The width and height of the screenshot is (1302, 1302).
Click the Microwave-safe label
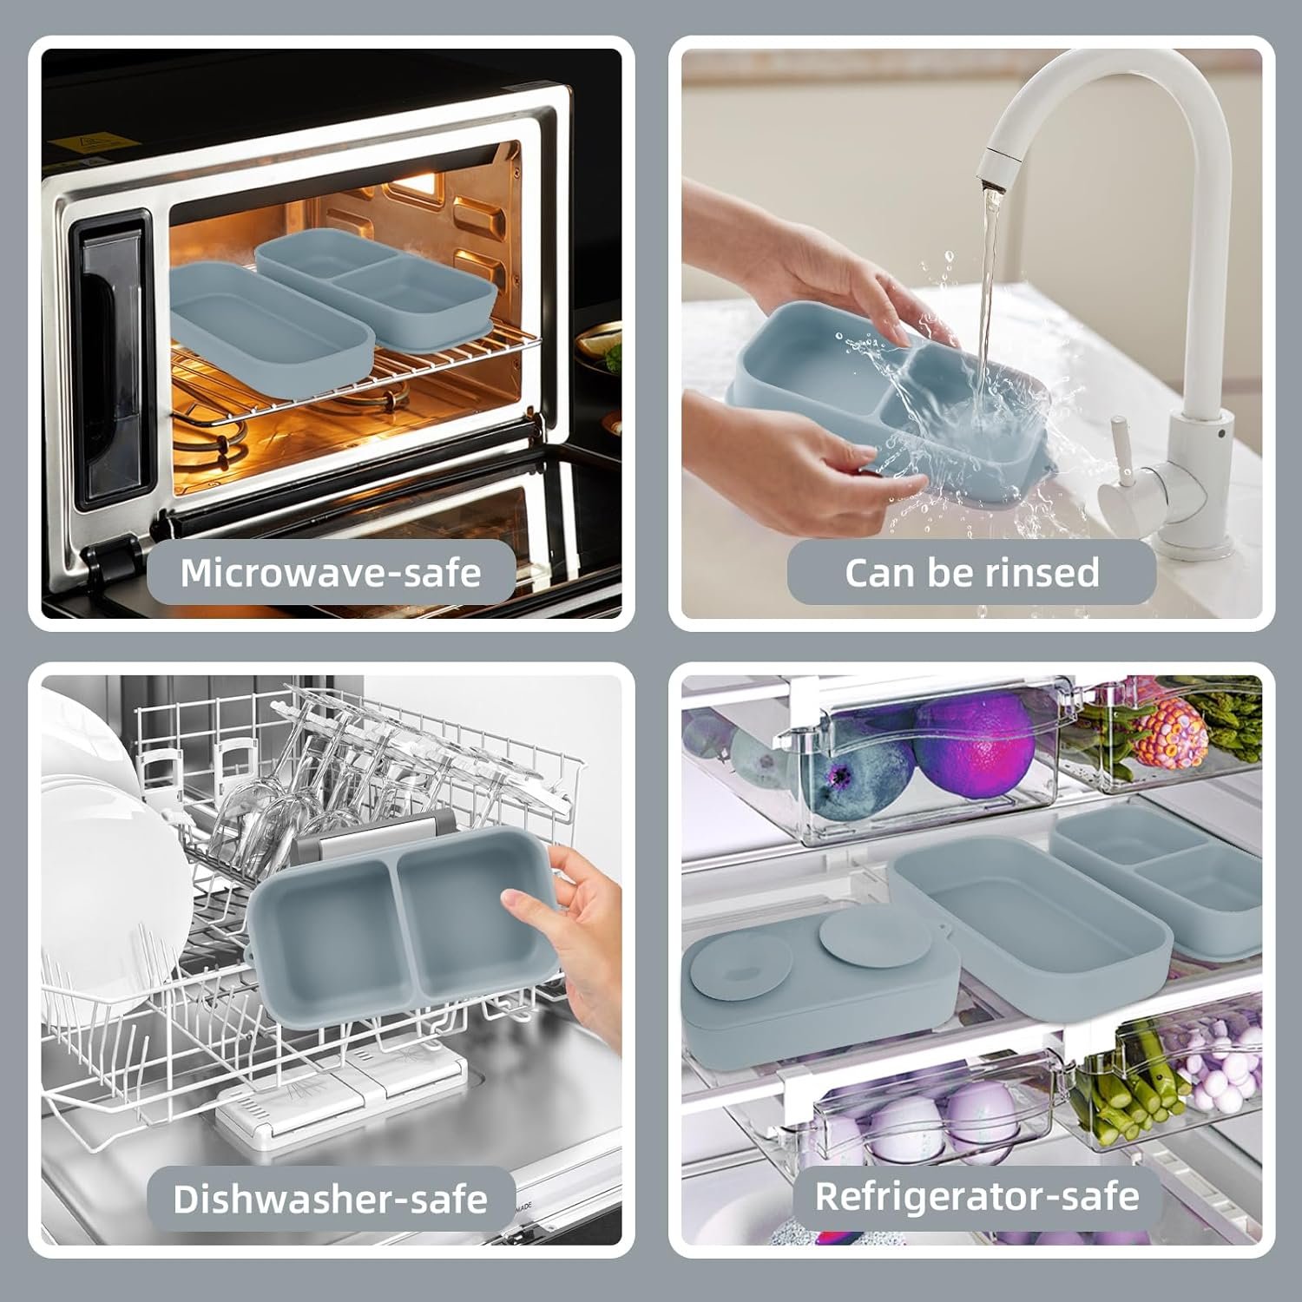pos(331,572)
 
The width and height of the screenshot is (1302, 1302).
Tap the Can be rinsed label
pos(971,572)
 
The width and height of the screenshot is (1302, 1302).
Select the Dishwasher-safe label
pos(331,1199)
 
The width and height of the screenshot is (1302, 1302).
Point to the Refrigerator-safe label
pos(976,1196)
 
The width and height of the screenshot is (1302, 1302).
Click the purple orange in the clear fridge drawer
pos(974,742)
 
